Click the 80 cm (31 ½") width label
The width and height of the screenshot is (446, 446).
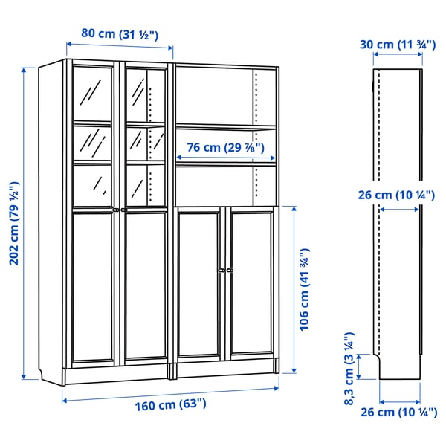[120, 33]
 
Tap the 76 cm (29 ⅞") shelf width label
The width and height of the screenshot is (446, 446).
[226, 147]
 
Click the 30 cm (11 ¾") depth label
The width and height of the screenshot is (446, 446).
[398, 44]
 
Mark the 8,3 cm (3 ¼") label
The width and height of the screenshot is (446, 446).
[349, 367]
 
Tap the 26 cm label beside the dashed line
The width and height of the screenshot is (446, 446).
[398, 195]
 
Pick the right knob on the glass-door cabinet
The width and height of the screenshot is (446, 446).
[123, 210]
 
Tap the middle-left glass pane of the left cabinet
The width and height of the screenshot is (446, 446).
[93, 141]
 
